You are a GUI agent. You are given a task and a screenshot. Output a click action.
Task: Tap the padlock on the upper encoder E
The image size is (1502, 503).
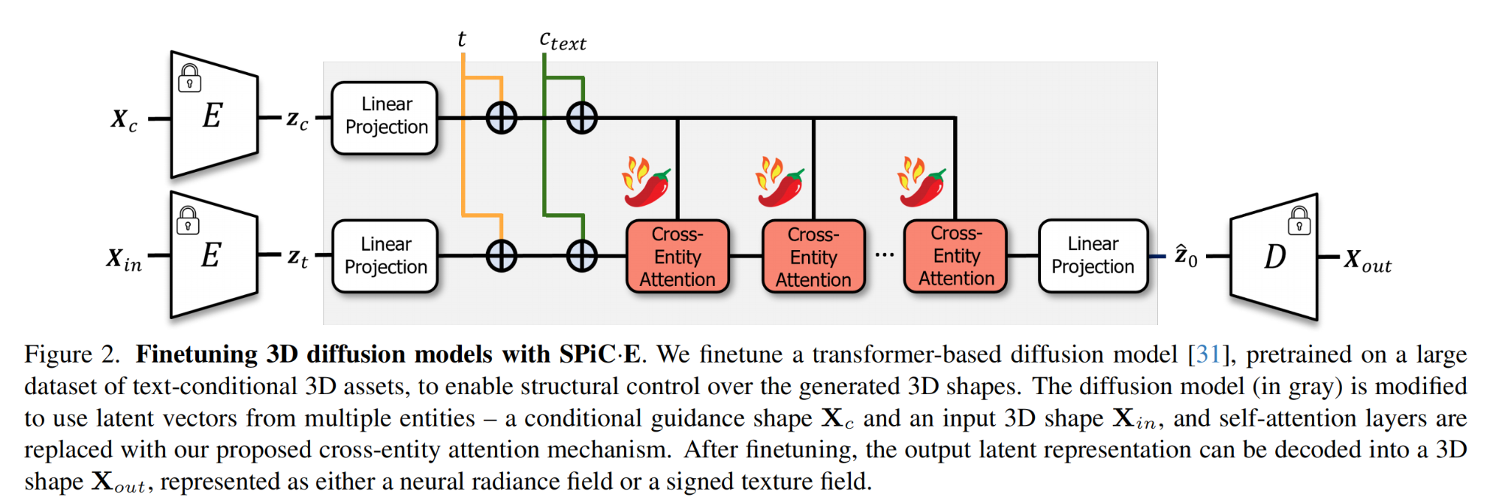pos(189,78)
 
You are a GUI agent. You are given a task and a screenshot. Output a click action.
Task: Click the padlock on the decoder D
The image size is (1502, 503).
pos(1299,221)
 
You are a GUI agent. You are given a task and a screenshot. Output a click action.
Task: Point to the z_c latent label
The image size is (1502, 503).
pos(297,119)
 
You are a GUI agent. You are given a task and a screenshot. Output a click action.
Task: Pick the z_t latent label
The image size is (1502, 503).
pos(297,258)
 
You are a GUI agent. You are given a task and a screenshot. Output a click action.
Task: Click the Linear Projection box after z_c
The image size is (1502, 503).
pos(385,117)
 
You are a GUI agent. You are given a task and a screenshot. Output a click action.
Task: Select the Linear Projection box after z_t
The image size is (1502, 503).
pos(385,256)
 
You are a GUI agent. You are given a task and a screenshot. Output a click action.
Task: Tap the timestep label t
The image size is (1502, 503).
pos(462,39)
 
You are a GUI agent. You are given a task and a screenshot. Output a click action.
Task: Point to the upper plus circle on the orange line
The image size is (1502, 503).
pos(501,118)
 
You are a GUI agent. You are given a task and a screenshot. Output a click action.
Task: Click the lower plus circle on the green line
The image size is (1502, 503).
pos(582,256)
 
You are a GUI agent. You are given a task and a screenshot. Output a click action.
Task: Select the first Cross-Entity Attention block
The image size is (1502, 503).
pos(677,256)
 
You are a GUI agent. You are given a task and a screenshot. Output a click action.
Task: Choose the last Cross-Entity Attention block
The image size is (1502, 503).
pos(955,256)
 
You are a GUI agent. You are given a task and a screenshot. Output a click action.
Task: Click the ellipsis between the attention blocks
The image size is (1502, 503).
pos(885,255)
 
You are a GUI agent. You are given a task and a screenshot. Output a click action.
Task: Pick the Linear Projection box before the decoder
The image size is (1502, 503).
pos(1093,255)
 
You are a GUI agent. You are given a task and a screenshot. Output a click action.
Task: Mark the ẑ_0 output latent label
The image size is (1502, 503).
pos(1186,257)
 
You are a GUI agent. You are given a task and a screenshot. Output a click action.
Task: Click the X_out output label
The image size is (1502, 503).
pos(1368,261)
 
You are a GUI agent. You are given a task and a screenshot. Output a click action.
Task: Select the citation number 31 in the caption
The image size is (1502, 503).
pos(1208,354)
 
